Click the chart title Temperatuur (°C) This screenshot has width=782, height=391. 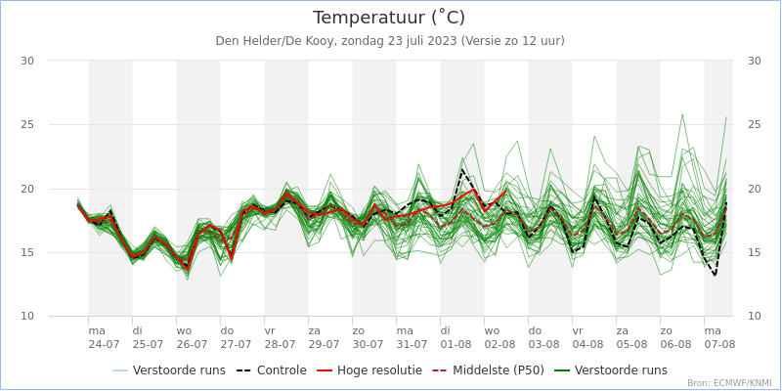click(389, 18)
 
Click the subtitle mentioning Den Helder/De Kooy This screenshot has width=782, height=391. click(390, 41)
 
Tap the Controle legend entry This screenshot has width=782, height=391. click(273, 370)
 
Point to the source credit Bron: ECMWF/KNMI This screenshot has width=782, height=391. click(728, 383)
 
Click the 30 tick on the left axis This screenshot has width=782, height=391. click(27, 61)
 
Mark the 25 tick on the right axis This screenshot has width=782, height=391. click(754, 124)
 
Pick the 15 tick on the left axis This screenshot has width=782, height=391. click(27, 252)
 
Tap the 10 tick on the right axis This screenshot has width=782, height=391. click(754, 317)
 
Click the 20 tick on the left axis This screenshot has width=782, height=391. click(27, 189)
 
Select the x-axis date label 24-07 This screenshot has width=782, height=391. click(104, 344)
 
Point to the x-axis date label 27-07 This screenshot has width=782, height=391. click(236, 344)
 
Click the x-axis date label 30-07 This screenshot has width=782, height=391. click(368, 344)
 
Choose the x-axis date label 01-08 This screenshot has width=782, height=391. click(456, 344)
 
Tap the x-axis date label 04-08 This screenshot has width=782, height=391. click(587, 344)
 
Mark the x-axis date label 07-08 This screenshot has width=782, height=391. click(719, 344)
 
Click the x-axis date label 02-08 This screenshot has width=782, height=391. click(500, 344)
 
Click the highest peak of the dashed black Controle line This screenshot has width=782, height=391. click(462, 169)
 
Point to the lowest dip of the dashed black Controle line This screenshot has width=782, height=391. click(715, 276)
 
